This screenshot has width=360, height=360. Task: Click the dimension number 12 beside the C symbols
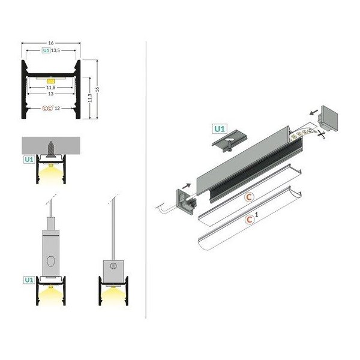point(57,109)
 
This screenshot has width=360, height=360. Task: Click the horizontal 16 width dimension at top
point(52,43)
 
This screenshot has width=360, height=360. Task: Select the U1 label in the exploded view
point(220,128)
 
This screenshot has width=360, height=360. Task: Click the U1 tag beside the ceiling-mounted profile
point(28,160)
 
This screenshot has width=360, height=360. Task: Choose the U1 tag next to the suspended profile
point(28,280)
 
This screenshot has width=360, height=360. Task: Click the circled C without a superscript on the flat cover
point(248,197)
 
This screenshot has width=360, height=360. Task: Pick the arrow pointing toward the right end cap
point(313,111)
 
